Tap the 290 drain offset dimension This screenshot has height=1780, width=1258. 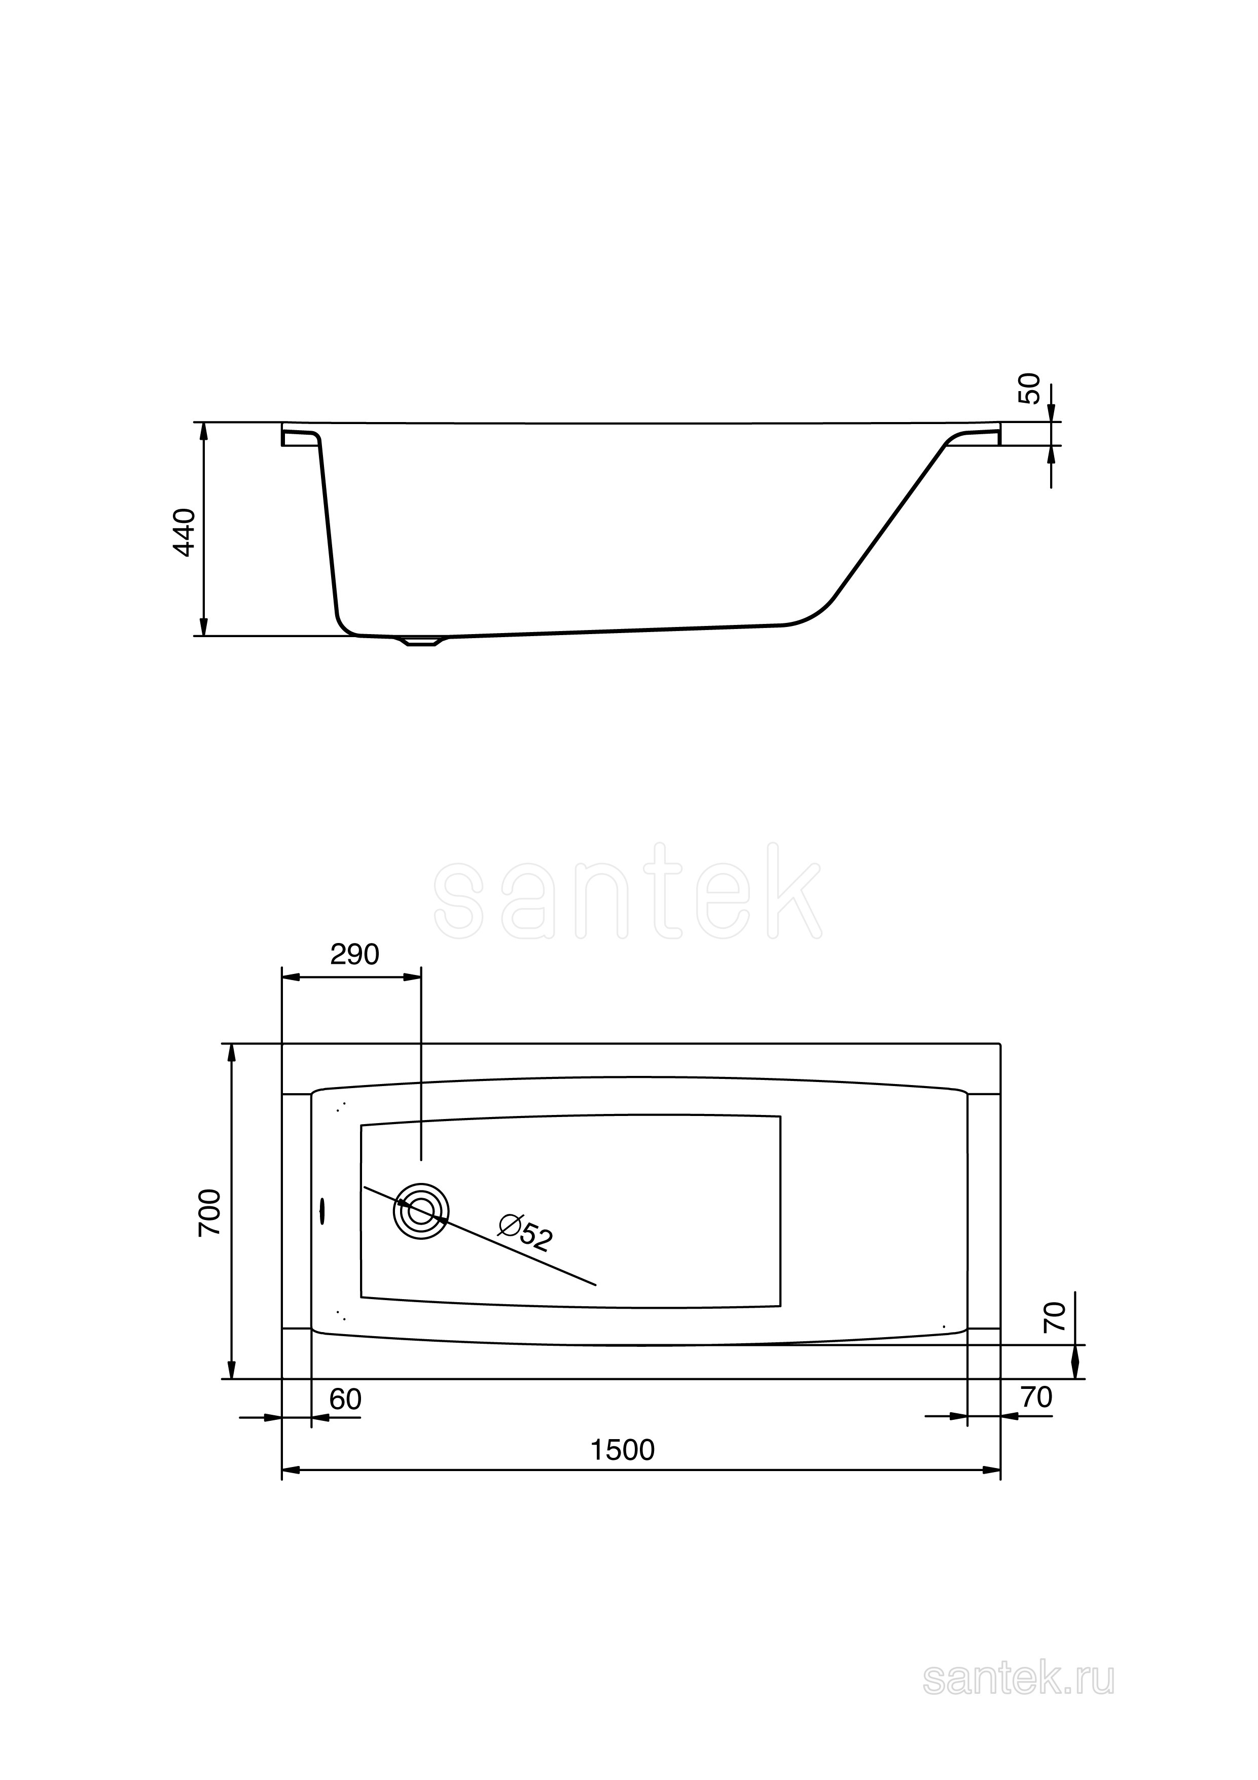[x=354, y=954]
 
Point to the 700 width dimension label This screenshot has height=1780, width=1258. [x=210, y=1212]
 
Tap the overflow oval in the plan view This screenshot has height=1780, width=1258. [x=322, y=1211]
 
